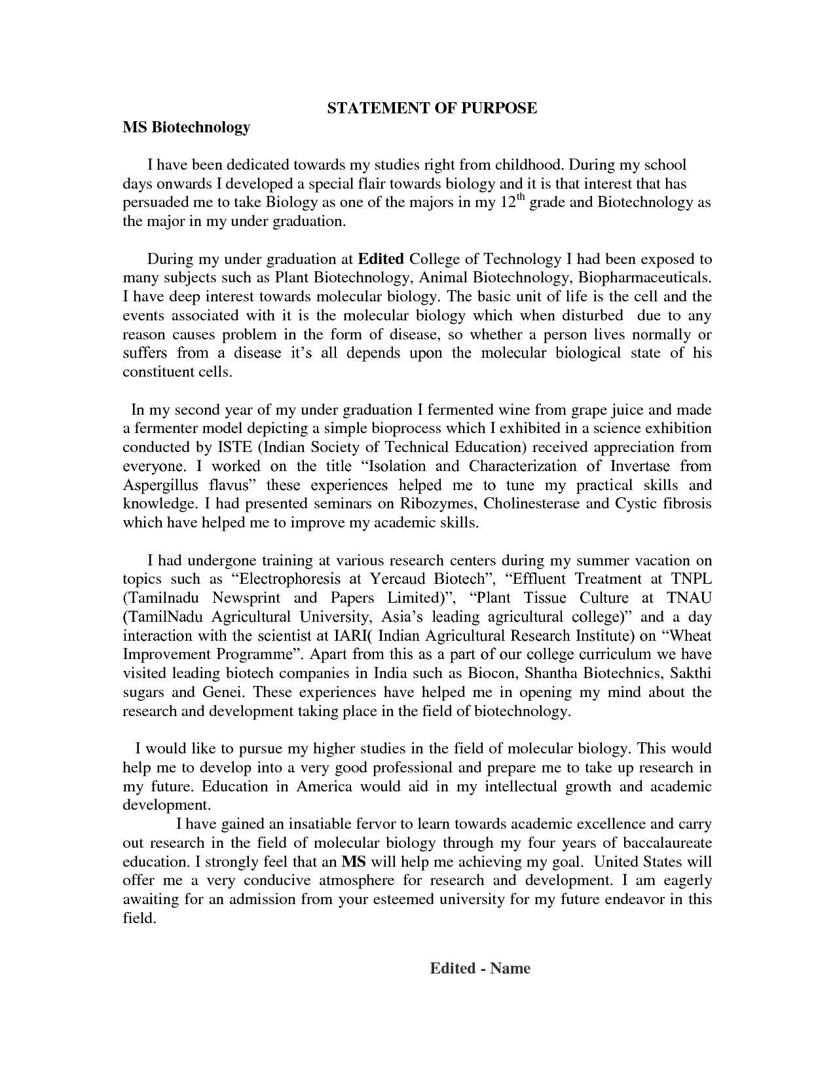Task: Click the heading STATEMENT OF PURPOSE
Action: tap(432, 108)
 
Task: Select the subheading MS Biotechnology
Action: tap(186, 127)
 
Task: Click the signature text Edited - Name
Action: tap(479, 968)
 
